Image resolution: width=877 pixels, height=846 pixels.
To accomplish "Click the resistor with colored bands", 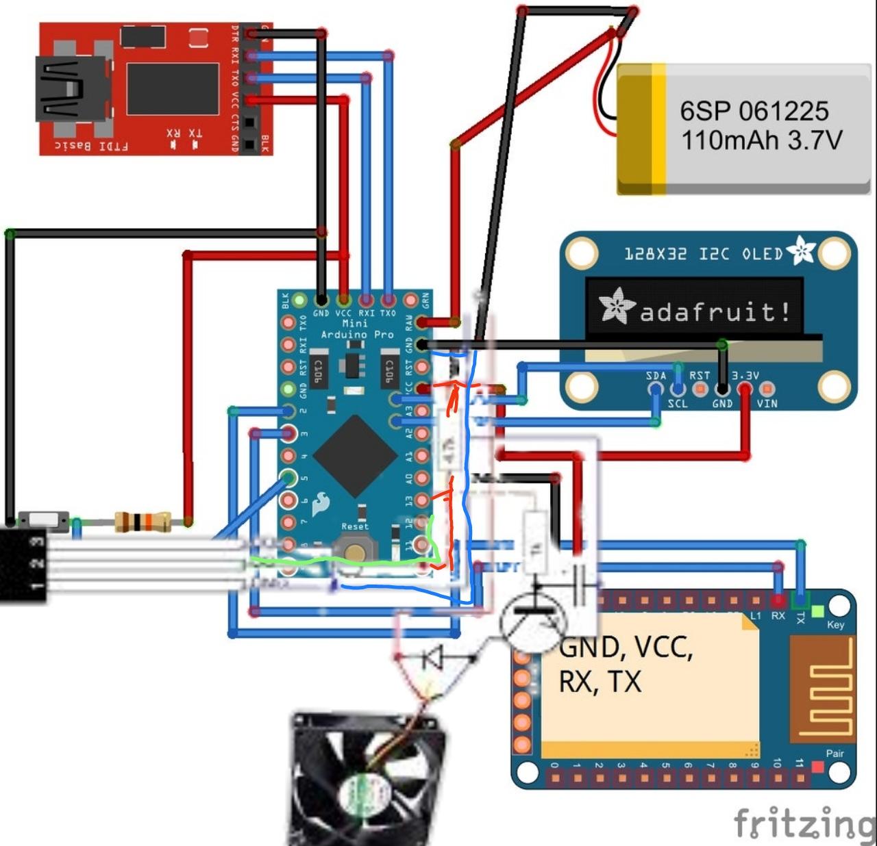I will coord(143,522).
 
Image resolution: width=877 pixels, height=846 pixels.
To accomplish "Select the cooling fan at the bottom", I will coord(368,780).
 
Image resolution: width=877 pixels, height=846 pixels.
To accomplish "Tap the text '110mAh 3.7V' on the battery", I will coord(761,140).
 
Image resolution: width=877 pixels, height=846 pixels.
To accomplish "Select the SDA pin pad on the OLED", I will coord(656,389).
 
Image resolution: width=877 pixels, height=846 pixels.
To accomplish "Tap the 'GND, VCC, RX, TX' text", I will coord(625,664).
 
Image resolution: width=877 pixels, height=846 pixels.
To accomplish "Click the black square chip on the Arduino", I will coord(355,455).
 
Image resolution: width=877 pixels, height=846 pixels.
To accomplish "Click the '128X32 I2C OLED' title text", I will coord(703,254).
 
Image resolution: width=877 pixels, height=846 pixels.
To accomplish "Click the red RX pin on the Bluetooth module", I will coord(778,602).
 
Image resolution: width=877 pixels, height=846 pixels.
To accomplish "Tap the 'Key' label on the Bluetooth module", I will coord(835,624).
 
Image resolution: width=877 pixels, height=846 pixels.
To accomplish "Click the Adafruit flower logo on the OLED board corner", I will coord(800,251).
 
